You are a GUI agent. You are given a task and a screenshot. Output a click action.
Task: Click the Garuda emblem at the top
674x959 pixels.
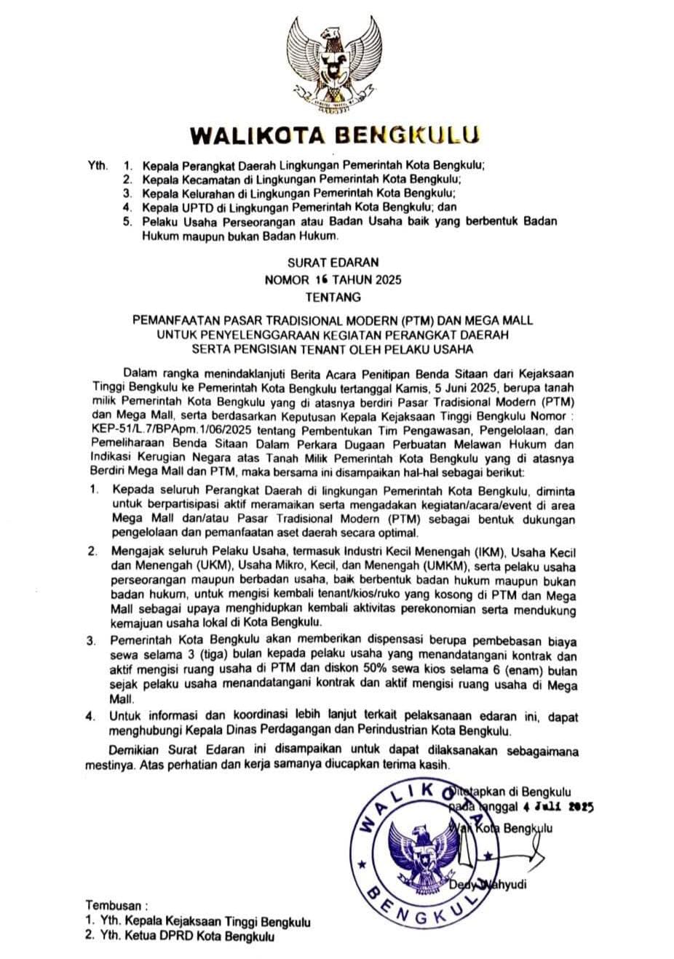(x=336, y=65)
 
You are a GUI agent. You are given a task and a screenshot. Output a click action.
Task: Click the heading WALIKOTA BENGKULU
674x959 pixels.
(x=336, y=136)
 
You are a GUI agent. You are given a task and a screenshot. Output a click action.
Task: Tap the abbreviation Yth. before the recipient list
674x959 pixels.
(x=97, y=165)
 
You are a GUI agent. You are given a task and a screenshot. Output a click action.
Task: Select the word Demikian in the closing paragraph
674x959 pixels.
(x=134, y=751)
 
